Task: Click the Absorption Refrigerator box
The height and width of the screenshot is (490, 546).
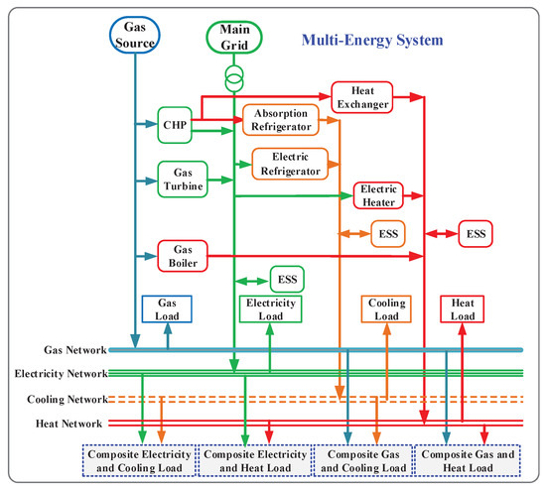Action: click(x=279, y=120)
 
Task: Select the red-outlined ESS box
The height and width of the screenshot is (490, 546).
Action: click(x=475, y=234)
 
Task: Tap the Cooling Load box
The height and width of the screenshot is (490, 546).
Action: click(x=383, y=311)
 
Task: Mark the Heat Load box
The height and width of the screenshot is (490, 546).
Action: click(x=463, y=311)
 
